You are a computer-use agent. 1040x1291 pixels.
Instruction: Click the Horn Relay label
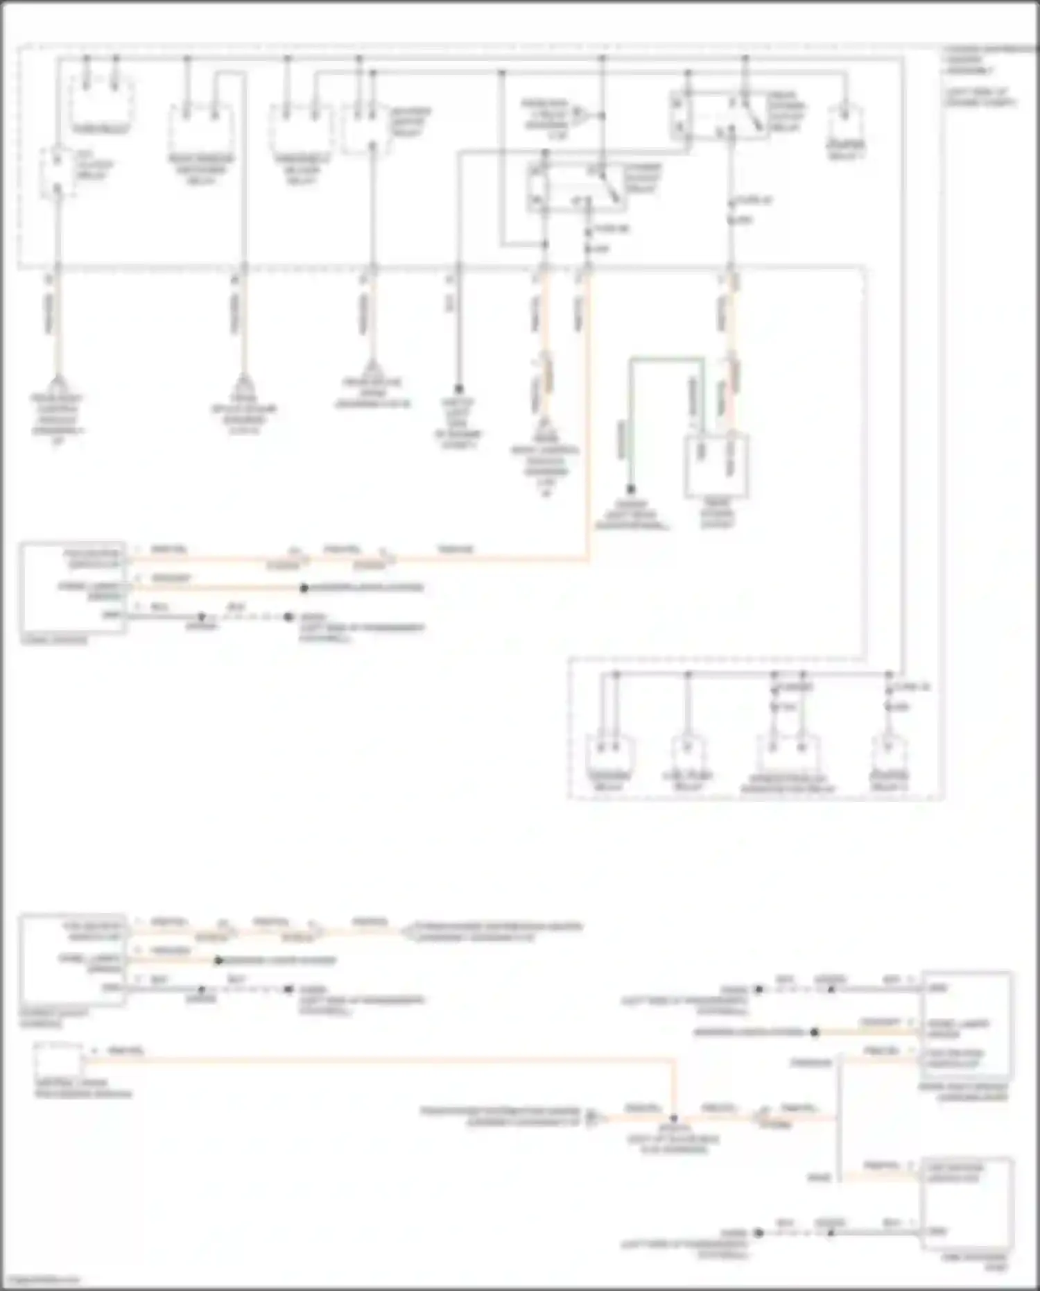pyautogui.click(x=101, y=129)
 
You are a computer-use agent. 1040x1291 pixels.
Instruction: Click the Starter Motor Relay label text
pyautogui.click(x=409, y=121)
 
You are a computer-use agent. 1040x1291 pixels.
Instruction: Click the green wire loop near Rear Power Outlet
pyautogui.click(x=666, y=360)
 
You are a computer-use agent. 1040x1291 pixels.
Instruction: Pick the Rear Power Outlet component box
pyautogui.click(x=716, y=466)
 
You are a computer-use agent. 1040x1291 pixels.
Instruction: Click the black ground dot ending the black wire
pyautogui.click(x=458, y=390)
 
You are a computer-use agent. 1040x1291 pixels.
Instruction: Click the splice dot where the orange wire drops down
pyautogui.click(x=673, y=1118)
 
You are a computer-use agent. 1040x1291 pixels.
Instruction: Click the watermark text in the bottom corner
pyautogui.click(x=40, y=1279)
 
